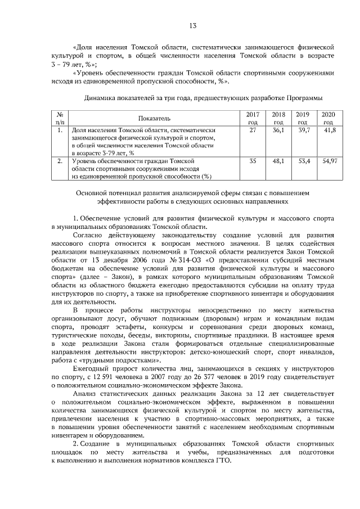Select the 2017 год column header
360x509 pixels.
tap(253, 118)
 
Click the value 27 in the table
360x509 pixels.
tap(253, 130)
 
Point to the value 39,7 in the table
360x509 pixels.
tap(304, 130)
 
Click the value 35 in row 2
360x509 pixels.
tap(253, 161)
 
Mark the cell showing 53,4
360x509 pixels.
tap(304, 161)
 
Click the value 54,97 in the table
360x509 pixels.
tap(329, 161)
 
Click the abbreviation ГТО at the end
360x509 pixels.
tap(222, 460)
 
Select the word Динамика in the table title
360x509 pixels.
tap(101, 97)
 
